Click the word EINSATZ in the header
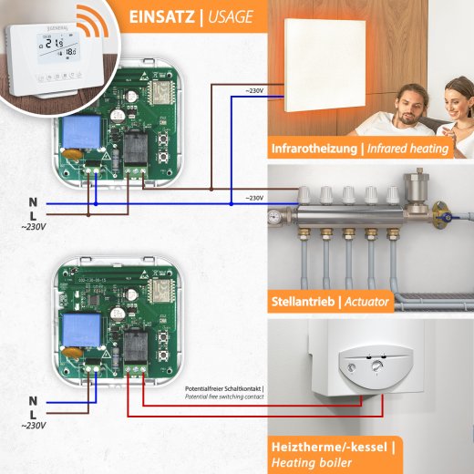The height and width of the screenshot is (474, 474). [160, 16]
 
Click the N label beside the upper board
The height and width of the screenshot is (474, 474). [32, 201]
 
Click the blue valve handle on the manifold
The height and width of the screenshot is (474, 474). [448, 220]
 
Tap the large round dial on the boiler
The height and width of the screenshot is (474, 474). [377, 366]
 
